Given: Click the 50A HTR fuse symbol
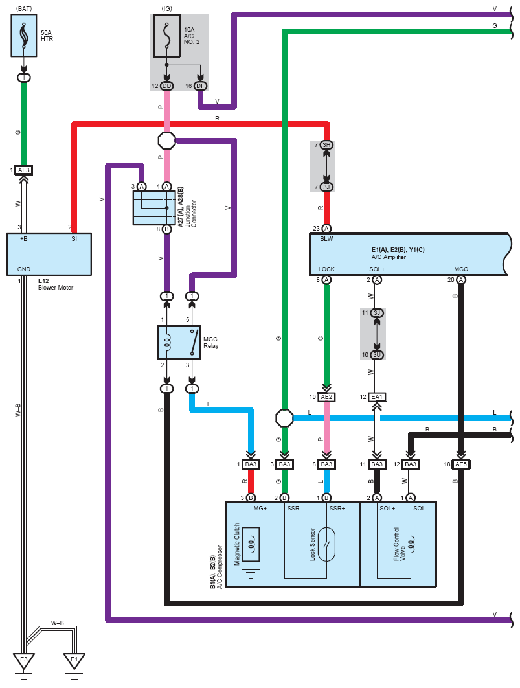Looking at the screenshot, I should [x=23, y=36].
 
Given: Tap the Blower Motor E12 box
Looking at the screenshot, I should [x=49, y=254].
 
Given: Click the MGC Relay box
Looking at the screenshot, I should [x=179, y=342].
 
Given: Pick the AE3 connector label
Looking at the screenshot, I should [x=24, y=170].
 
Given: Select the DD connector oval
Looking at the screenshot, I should [x=167, y=86].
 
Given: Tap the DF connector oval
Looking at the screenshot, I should [x=201, y=86].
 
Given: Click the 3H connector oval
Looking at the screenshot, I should [x=326, y=145].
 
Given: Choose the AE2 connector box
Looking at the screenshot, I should [x=326, y=397].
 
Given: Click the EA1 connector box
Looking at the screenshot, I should [x=377, y=397].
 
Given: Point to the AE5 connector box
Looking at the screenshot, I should [x=461, y=464].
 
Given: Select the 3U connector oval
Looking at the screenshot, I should [x=377, y=355].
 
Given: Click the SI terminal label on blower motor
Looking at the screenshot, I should [x=74, y=239].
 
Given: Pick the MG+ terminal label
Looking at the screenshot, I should [x=260, y=509].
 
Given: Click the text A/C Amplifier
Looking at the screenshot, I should [x=389, y=257].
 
